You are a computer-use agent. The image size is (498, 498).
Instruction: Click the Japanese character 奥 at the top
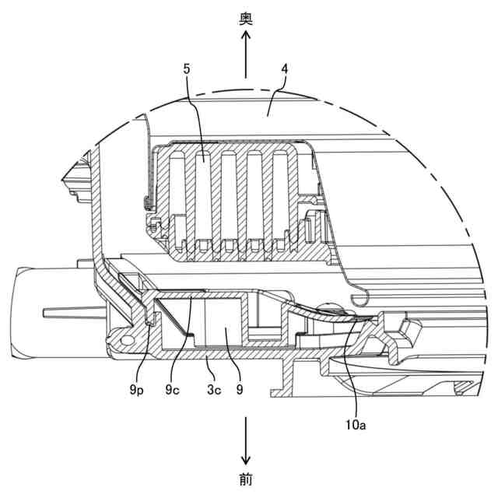click(246, 18)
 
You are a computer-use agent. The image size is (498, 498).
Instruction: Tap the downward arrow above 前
click(246, 440)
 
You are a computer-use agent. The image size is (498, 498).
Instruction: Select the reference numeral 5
click(187, 68)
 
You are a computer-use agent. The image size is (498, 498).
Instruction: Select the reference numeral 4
click(285, 68)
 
